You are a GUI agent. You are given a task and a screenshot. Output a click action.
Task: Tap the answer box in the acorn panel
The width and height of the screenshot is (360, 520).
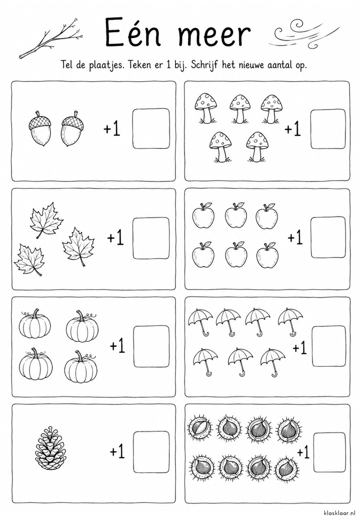click(151, 128)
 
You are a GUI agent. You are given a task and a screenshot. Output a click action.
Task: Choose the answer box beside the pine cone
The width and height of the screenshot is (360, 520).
click(151, 451)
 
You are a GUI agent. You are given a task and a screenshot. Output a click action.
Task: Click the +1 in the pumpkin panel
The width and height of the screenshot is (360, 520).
click(117, 346)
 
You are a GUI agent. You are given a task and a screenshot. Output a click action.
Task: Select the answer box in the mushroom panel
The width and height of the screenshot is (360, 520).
click(328, 129)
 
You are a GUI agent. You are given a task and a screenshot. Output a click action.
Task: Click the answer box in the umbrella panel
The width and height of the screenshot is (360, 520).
click(329, 346)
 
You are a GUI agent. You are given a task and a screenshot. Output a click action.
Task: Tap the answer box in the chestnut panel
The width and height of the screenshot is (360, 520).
click(330, 452)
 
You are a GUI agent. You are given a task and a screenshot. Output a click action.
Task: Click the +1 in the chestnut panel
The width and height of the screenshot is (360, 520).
click(303, 452)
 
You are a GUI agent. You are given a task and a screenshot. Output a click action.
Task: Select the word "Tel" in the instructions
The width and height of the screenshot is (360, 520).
click(67, 64)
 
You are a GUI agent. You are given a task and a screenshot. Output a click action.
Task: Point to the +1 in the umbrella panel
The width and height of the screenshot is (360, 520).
click(299, 348)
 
